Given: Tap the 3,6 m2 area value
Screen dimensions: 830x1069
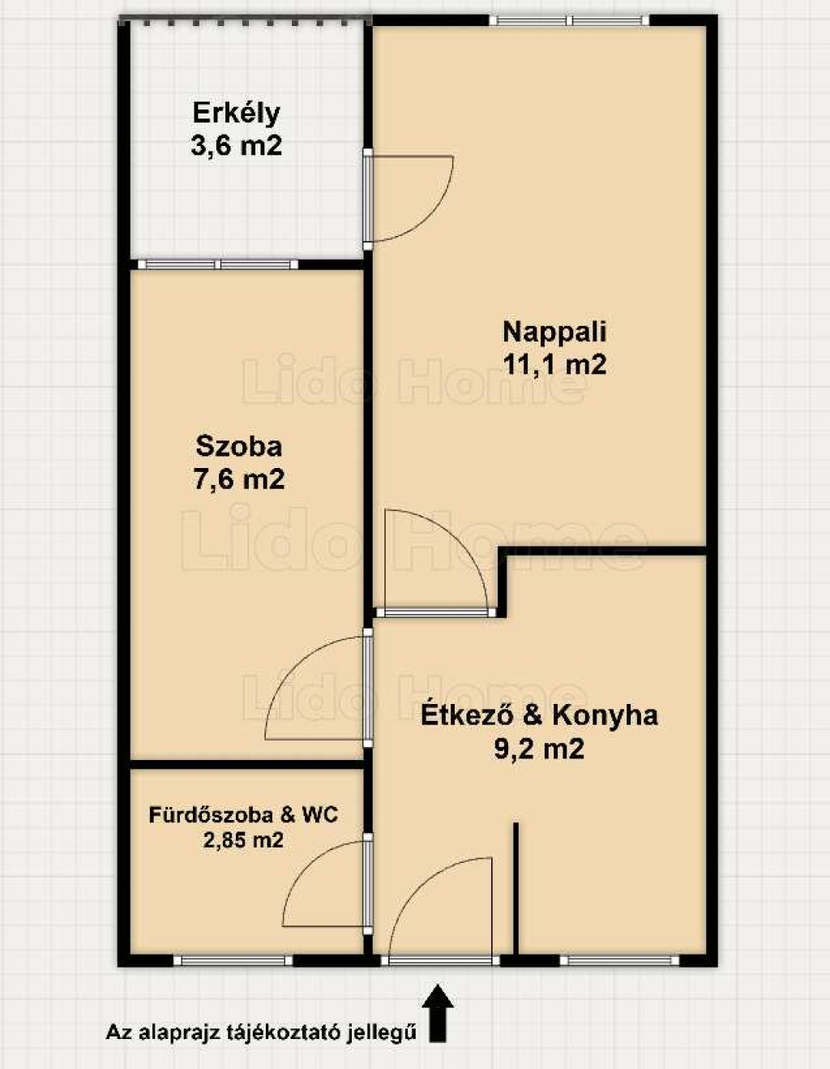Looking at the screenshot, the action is click(x=237, y=146).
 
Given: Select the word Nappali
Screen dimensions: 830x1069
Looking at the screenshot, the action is click(x=554, y=333).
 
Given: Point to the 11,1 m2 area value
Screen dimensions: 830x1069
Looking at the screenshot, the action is click(x=554, y=365).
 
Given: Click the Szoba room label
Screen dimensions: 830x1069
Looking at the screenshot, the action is click(x=239, y=447).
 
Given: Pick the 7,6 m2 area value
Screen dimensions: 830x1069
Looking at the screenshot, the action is click(x=239, y=479).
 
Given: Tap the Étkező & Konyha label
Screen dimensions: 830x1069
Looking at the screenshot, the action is click(x=539, y=716).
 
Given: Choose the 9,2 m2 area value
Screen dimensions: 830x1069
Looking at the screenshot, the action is click(x=539, y=749).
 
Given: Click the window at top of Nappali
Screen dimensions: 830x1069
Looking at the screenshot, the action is click(x=569, y=20).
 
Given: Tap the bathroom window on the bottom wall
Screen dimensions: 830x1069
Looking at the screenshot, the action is click(x=233, y=960).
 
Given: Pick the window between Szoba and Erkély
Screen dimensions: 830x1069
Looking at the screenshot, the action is click(x=218, y=264).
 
